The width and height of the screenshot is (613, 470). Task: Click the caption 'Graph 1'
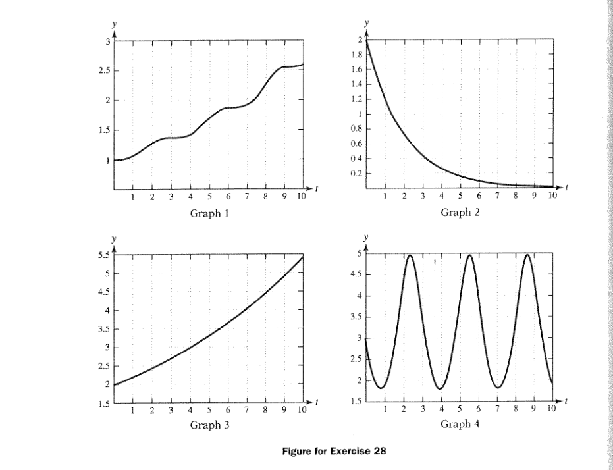[x=209, y=213]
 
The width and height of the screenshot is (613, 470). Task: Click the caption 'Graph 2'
[x=460, y=212]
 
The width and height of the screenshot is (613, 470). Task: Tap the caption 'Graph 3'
[x=209, y=425]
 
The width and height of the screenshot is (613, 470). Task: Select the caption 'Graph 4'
[x=460, y=424]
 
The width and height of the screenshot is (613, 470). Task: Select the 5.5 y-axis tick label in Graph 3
[x=103, y=255]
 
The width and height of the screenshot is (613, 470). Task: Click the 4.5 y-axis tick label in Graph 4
[x=356, y=274]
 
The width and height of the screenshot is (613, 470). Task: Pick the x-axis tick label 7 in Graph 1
[x=247, y=196]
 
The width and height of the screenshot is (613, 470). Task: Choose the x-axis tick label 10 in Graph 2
[x=552, y=195]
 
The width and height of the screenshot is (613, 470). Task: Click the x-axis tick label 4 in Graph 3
[x=190, y=410]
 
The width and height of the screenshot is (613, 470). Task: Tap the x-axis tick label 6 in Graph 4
[x=479, y=409]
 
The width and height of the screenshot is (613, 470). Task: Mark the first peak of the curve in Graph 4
[x=410, y=255]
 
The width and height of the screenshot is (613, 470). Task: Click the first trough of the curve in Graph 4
[x=382, y=388]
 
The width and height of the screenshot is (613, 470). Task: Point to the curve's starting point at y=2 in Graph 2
[x=366, y=40]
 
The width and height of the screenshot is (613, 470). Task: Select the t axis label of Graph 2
[x=566, y=188]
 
